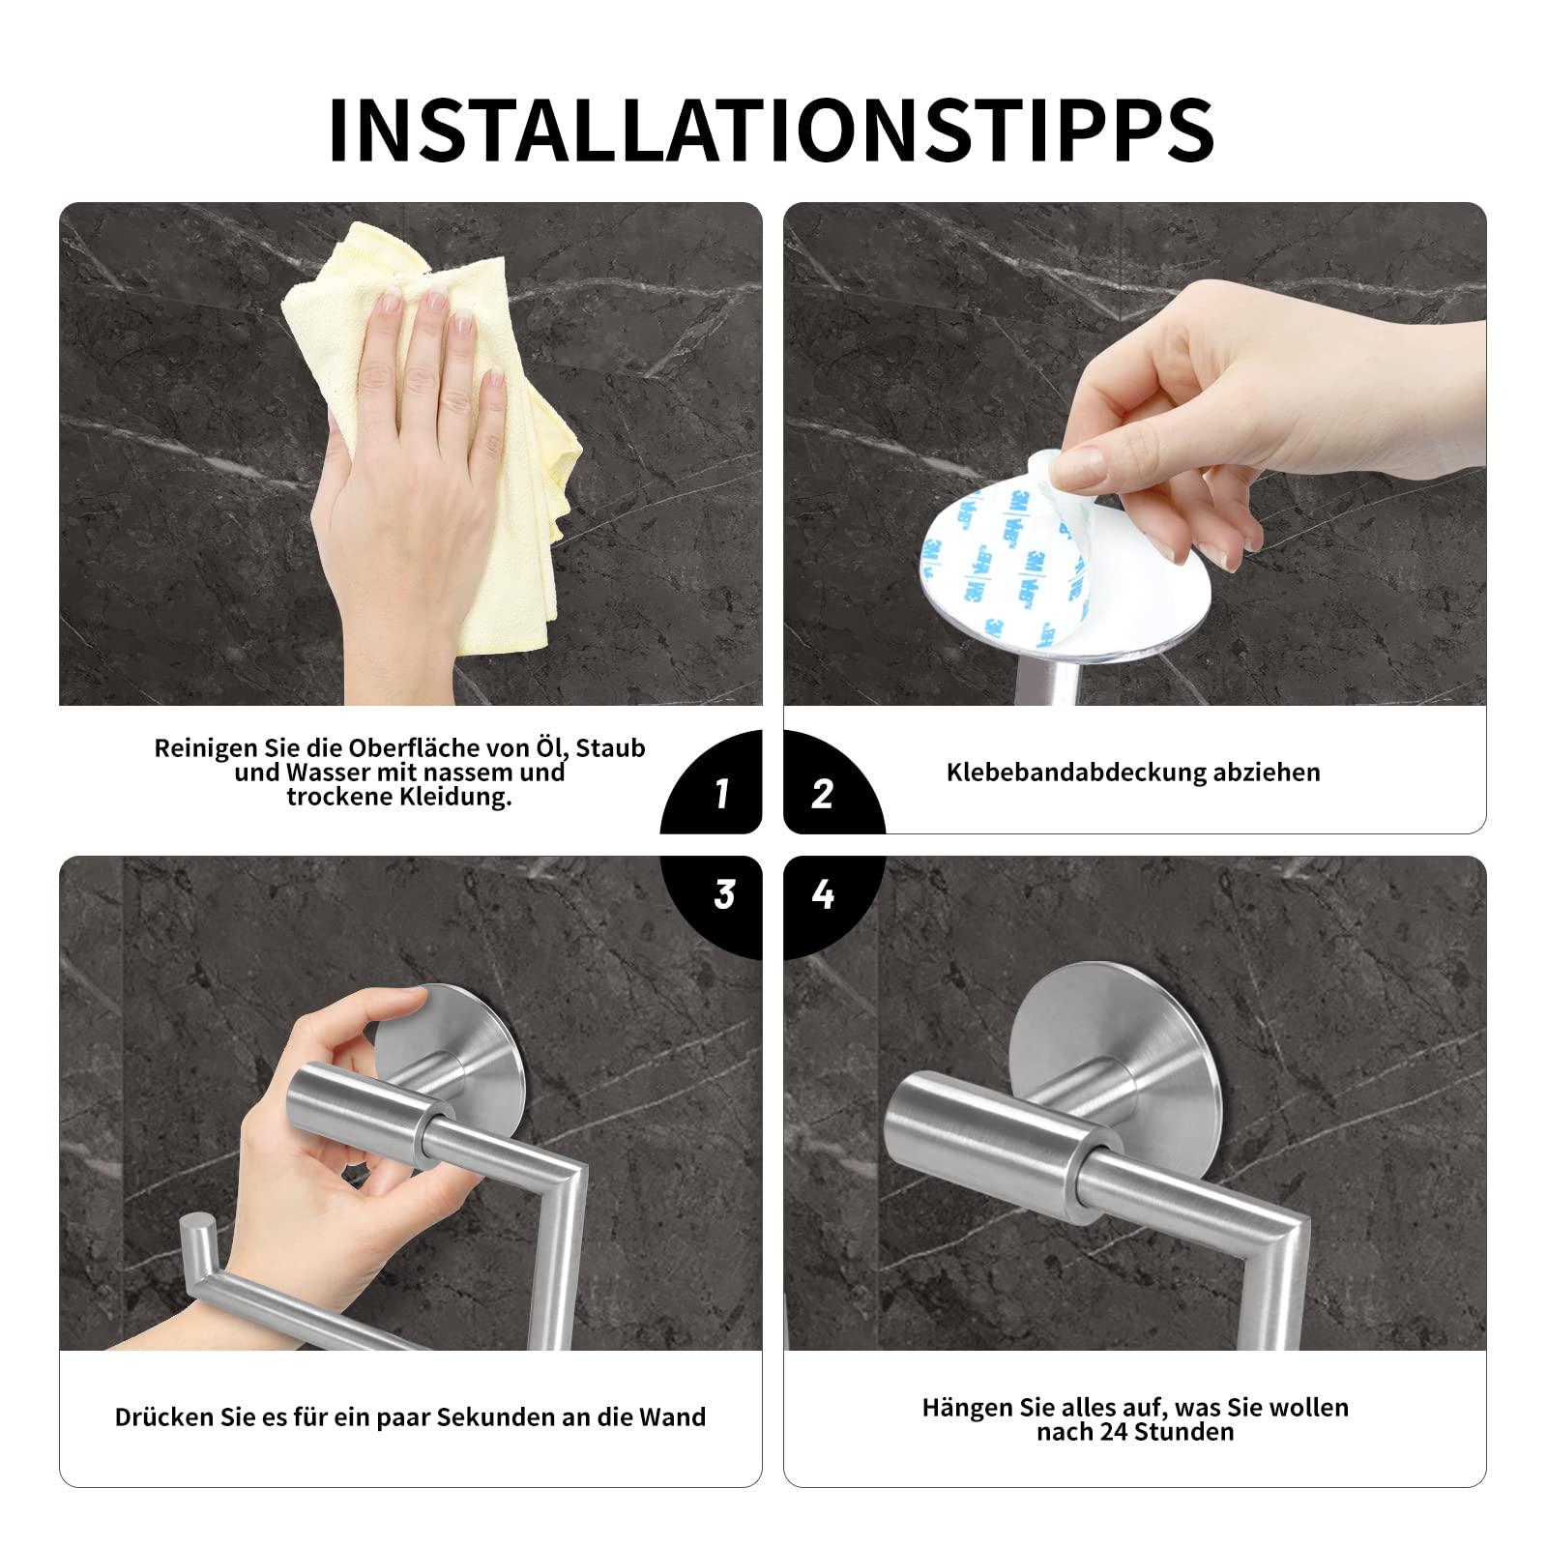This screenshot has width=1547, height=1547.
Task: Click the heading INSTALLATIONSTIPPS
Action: pyautogui.click(x=772, y=130)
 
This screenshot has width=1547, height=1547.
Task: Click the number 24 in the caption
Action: pyautogui.click(x=1115, y=1432)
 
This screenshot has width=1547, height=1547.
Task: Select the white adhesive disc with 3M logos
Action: pyautogui.click(x=1006, y=561)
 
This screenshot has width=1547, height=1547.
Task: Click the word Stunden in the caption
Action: pyautogui.click(x=1184, y=1432)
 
